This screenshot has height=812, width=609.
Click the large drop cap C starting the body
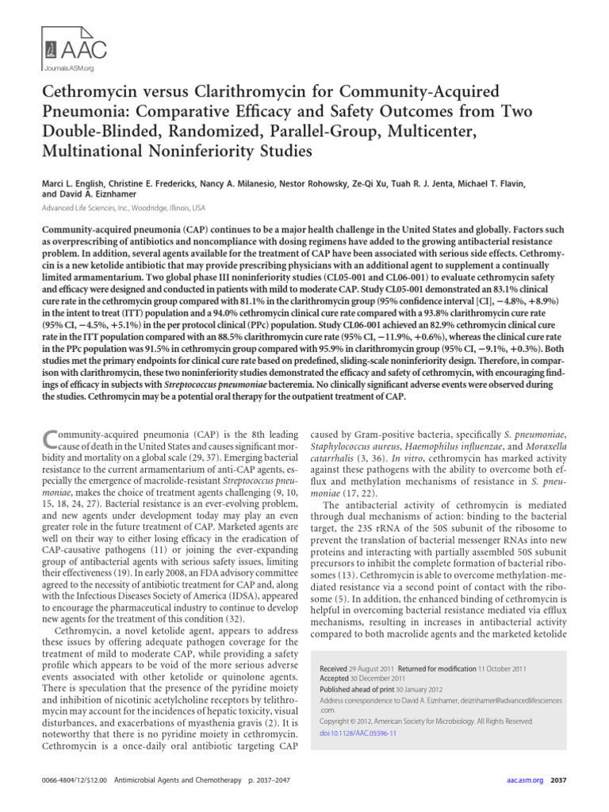pyautogui.click(x=48, y=439)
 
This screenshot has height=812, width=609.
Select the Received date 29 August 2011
pyautogui.click(x=373, y=670)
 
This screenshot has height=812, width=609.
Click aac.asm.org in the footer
pyautogui.click(x=523, y=780)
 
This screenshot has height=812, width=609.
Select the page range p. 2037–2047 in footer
pyautogui.click(x=259, y=780)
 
